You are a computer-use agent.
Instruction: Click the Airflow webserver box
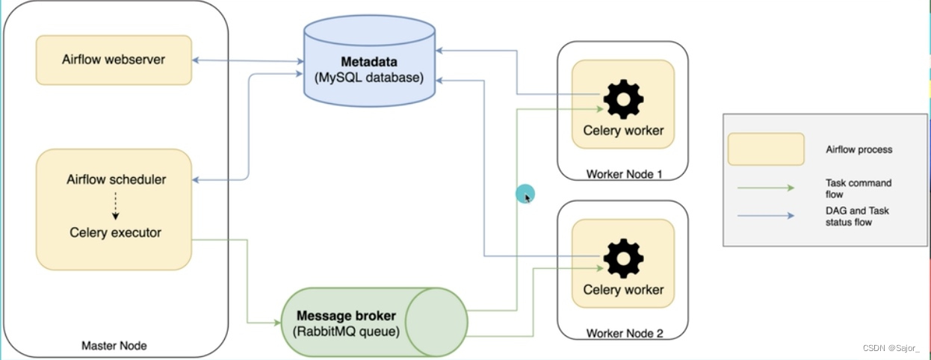tap(114, 59)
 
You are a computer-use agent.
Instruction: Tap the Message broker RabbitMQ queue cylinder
tap(374, 322)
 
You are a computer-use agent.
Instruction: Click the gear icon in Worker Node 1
tap(623, 99)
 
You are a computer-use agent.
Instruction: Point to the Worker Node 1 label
tap(625, 174)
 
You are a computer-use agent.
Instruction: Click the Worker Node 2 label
tap(625, 333)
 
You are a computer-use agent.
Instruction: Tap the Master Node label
tap(114, 345)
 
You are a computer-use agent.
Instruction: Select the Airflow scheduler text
tap(116, 179)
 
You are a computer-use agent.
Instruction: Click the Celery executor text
tap(116, 232)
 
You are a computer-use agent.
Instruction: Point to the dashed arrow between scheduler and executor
tap(116, 205)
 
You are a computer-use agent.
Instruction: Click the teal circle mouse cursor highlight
tap(525, 195)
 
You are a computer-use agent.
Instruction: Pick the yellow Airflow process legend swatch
tap(766, 149)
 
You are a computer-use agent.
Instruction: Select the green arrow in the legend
tap(766, 188)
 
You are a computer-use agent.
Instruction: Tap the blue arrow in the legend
tap(766, 216)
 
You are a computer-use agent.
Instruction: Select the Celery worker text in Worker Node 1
tap(623, 131)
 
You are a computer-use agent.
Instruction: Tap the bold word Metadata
tap(369, 61)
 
